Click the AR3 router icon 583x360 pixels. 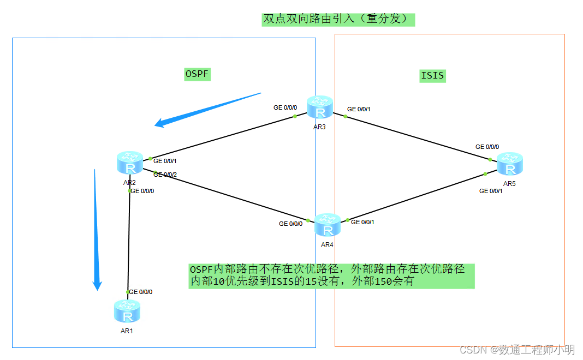tap(319, 108)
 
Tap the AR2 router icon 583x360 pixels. tap(129, 164)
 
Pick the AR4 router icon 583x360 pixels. tap(328, 225)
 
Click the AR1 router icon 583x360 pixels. tap(127, 311)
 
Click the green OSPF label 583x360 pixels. tap(198, 74)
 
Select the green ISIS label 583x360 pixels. tap(432, 75)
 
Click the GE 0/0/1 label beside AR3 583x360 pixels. tap(359, 109)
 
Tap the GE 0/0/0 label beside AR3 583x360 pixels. tap(285, 107)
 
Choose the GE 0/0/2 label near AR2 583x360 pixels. tap(165, 175)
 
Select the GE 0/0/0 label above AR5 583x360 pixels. tap(487, 147)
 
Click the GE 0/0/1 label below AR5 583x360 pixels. tap(491, 191)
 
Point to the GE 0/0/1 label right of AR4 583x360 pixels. tap(362, 222)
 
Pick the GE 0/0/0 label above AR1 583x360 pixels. tap(140, 292)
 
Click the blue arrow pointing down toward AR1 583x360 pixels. tap(96, 229)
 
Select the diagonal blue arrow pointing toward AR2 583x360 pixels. tap(207, 109)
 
